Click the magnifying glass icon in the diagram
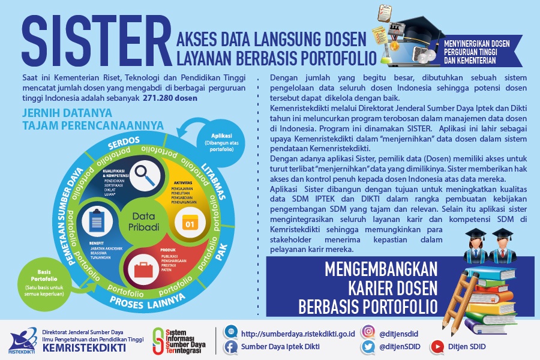145,175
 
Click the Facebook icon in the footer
230,346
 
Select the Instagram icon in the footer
368,331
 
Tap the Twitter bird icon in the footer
368,346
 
